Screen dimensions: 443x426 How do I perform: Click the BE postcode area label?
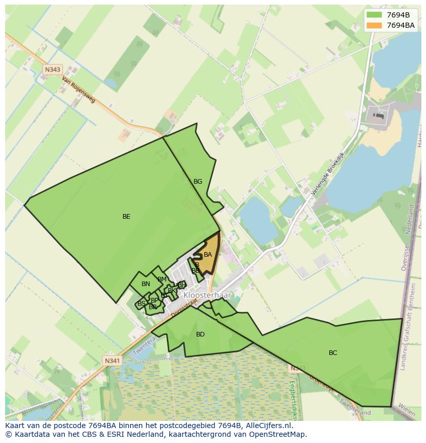pos(126,217)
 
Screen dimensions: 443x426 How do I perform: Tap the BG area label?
pos(198,182)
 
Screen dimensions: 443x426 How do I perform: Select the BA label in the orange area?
pos(208,255)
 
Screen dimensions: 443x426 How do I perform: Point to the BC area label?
pos(333,353)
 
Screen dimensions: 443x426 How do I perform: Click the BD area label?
pos(200,334)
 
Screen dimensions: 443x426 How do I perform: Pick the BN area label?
pos(146,284)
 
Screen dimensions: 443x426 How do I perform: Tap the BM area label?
pos(162,279)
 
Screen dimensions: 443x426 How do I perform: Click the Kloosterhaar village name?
pos(207,295)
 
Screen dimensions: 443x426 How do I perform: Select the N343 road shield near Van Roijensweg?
pos(52,69)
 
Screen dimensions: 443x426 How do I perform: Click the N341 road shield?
pos(112,361)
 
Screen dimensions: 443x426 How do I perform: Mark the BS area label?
pos(141,304)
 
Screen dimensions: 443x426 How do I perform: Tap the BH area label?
pos(181,285)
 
